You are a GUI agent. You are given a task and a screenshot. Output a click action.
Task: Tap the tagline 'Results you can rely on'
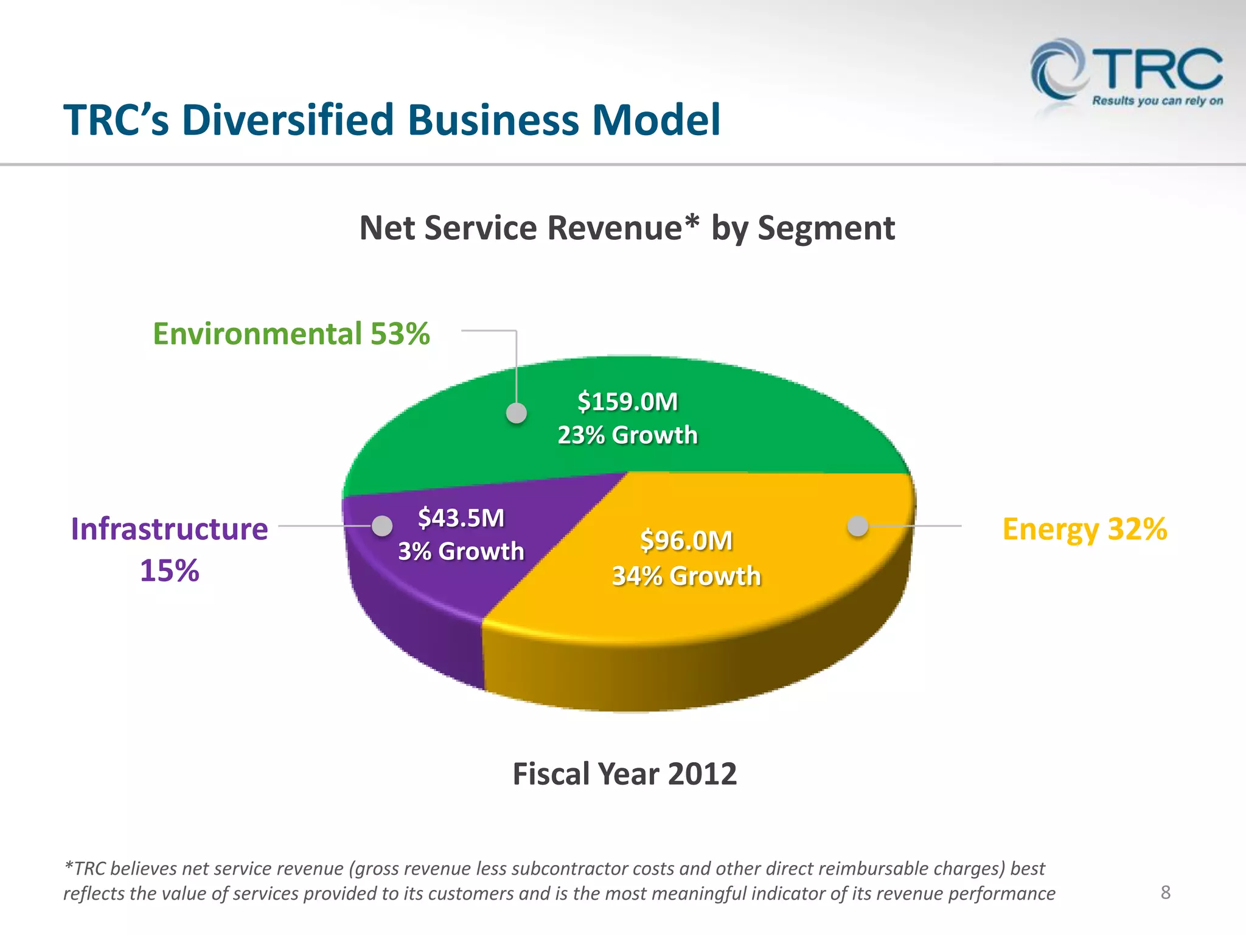pos(1157,101)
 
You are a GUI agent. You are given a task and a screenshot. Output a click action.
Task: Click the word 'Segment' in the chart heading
pos(826,229)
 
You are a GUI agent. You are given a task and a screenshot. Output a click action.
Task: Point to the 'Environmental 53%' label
pos(291,334)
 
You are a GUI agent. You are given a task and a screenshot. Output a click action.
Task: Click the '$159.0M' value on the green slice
pos(627,402)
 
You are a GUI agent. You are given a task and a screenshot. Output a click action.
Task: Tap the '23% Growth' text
pos(627,435)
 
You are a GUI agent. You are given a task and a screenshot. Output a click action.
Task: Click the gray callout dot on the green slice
pos(517,413)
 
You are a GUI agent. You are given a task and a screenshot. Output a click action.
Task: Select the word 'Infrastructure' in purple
pos(169,529)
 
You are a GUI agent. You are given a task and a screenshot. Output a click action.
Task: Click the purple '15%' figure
pos(169,571)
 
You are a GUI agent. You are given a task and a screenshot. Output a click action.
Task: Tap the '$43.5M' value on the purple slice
pos(461,518)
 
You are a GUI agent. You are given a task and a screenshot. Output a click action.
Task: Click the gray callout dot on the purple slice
pos(382,526)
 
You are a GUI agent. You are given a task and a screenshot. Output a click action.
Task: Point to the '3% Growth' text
pos(461,552)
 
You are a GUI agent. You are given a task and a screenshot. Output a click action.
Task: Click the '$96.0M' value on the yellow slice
pos(686,541)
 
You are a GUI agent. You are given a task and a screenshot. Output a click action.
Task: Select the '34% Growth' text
pos(686,576)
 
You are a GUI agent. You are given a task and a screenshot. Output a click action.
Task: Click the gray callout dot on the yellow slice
pos(858,526)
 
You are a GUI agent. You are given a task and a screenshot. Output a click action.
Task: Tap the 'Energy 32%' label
pos(1084,529)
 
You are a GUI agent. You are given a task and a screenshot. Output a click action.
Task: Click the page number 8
pos(1165,892)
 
